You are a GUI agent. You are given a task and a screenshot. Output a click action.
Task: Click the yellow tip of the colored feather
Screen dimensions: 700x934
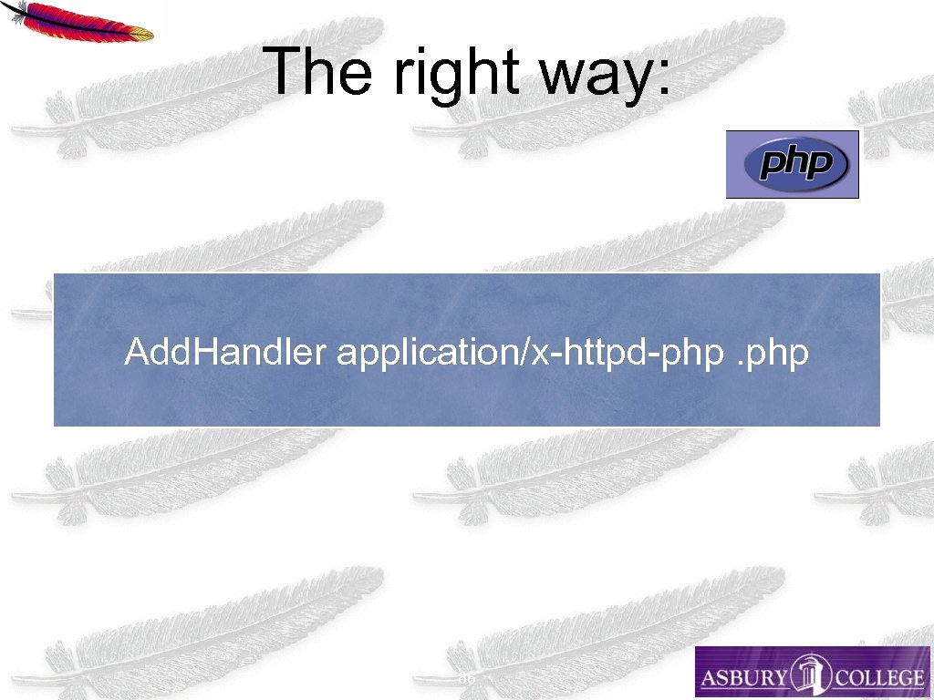click(141, 34)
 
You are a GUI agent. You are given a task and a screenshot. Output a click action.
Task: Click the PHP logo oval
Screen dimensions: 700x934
click(793, 165)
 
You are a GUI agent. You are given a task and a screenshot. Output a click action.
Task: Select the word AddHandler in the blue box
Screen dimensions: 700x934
click(224, 351)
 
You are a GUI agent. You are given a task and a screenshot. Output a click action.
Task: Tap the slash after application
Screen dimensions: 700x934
click(524, 352)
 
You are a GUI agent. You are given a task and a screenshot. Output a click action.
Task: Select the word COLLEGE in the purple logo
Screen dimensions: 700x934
click(877, 677)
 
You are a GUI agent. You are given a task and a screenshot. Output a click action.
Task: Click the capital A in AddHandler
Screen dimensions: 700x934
click(136, 351)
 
